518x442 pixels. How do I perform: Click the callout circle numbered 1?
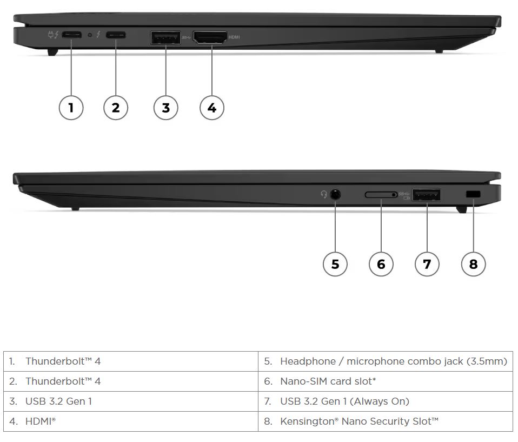(x=71, y=107)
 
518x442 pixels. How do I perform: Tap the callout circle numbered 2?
(x=116, y=107)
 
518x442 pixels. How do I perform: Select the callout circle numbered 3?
(x=165, y=107)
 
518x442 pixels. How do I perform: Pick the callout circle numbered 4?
(x=211, y=107)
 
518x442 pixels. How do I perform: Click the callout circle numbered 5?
(x=335, y=264)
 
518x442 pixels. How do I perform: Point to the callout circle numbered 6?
(x=381, y=264)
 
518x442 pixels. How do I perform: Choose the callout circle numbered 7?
(x=427, y=264)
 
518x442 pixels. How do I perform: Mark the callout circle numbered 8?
(x=474, y=264)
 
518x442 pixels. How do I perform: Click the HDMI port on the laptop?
(x=210, y=37)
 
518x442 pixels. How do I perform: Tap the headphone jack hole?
(x=336, y=194)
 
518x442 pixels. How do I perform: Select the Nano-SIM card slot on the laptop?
(x=381, y=194)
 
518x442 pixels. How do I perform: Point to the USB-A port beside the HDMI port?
(x=165, y=38)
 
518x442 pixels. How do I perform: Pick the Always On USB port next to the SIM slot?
(x=427, y=194)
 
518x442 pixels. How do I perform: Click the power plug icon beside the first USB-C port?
(x=53, y=36)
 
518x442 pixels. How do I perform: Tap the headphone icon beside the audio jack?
(x=324, y=194)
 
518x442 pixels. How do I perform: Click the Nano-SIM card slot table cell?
(x=386, y=381)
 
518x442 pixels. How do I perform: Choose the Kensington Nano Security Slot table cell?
(x=386, y=421)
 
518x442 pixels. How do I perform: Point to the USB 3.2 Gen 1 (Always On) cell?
(x=386, y=401)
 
